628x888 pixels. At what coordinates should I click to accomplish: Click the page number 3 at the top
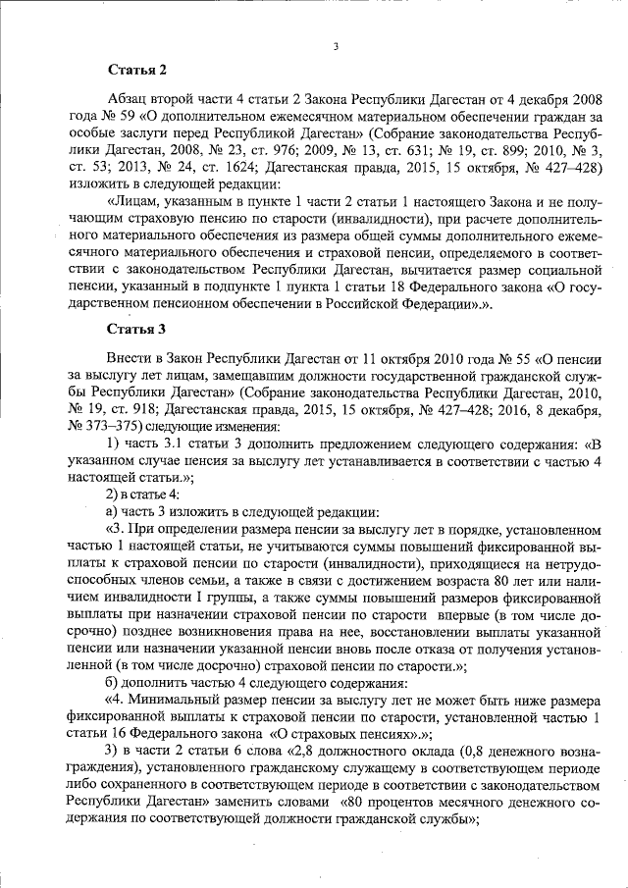[x=336, y=45]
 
